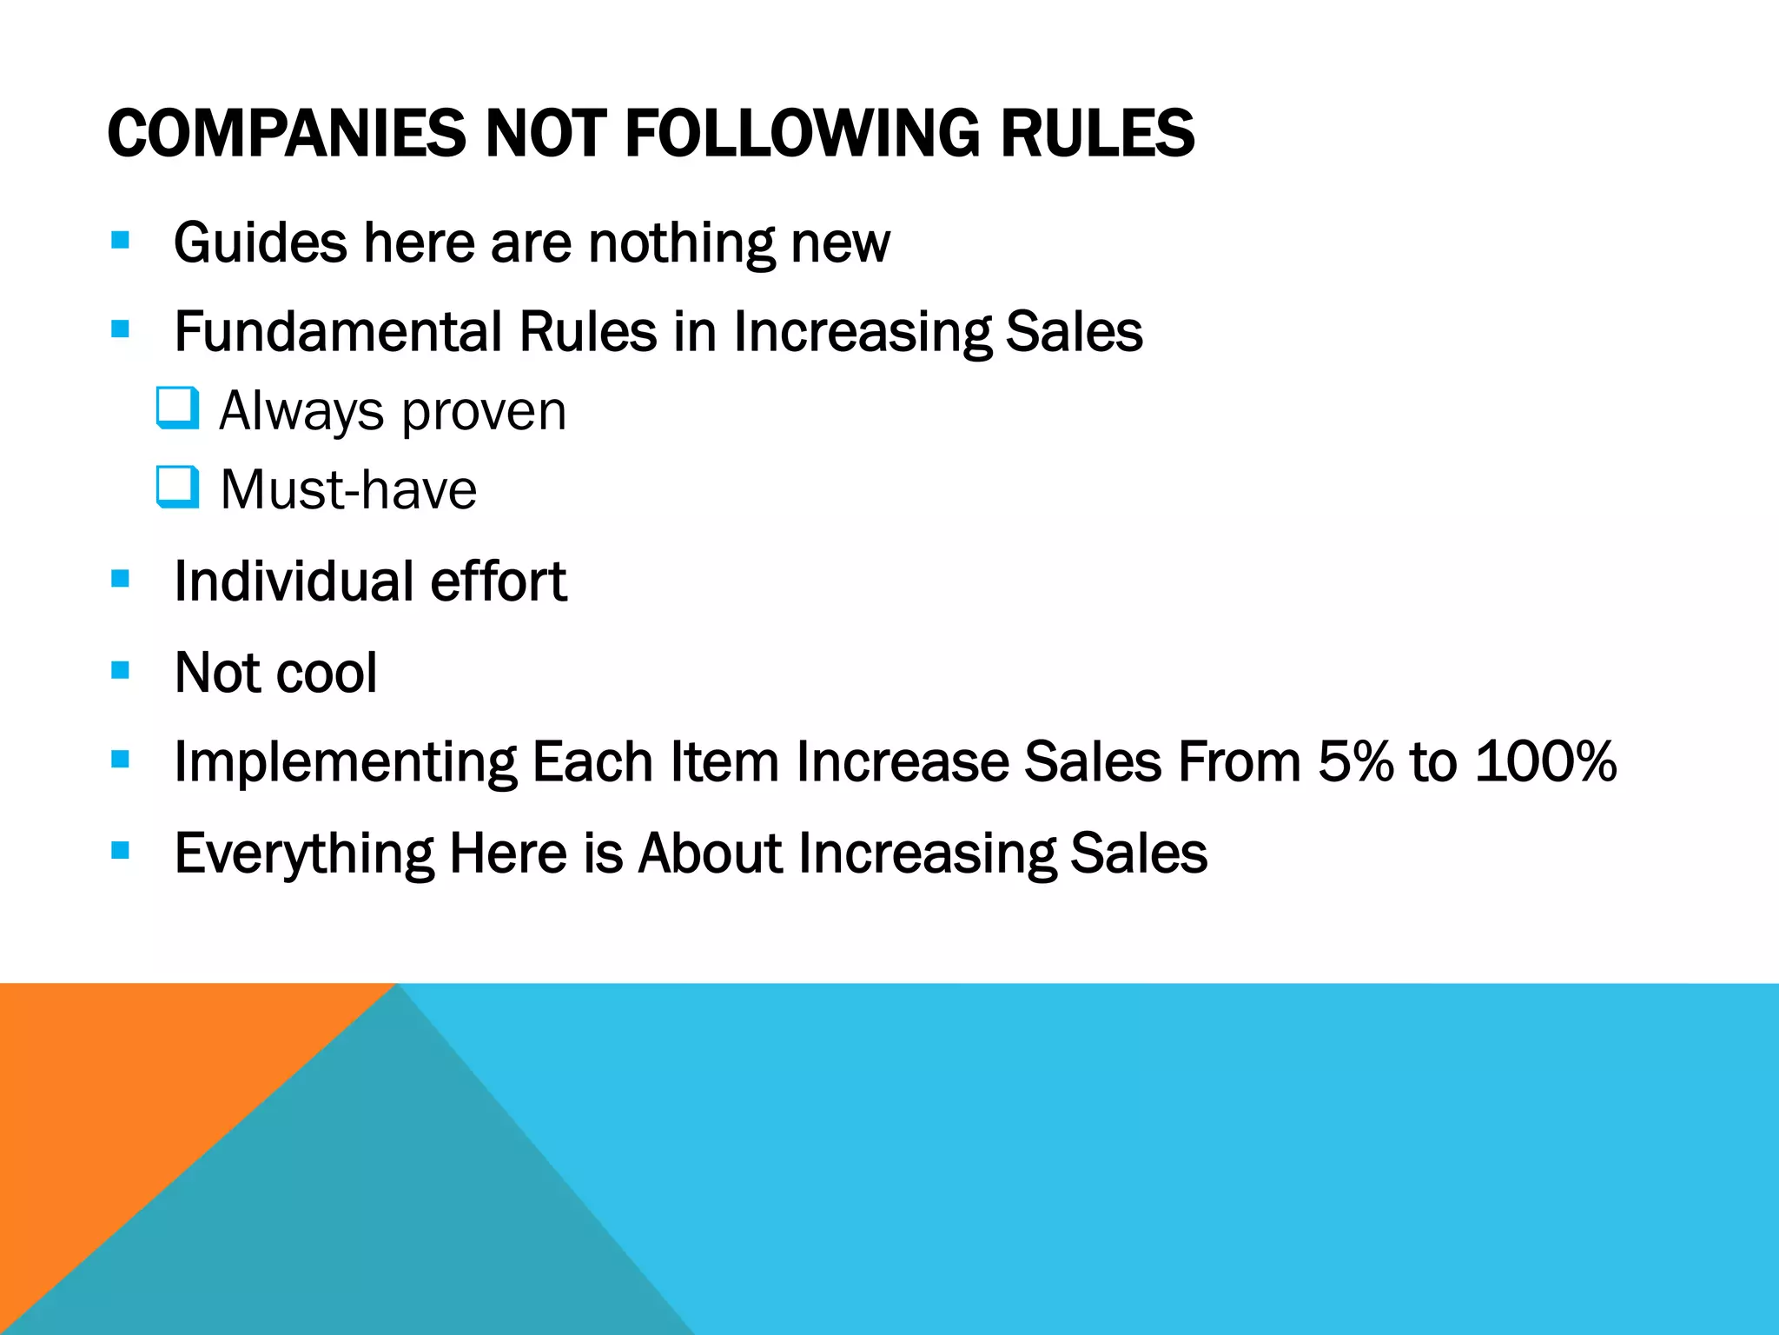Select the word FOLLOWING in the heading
pos(804,134)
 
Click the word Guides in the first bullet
pos(260,242)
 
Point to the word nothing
pos(681,242)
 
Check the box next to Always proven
pos(178,408)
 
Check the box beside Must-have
pos(178,488)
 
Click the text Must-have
pos(348,490)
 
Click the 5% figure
pos(1355,762)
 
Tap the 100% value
pos(1545,762)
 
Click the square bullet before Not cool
pos(121,670)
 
